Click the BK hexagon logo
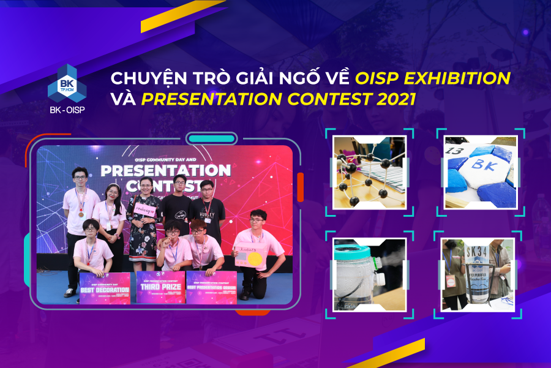67,84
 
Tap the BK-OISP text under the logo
67,110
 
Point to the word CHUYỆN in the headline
143,78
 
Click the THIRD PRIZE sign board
160,287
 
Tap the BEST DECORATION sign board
105,287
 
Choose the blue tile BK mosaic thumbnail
481,172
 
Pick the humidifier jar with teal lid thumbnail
369,275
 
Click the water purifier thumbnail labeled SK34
478,275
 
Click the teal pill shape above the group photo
211,139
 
